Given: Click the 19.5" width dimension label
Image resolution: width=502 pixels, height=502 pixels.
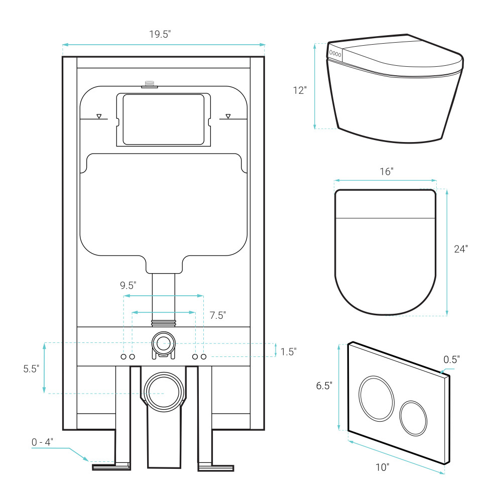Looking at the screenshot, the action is (160, 34).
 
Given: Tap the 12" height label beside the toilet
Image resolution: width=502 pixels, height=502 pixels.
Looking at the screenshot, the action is (300, 90).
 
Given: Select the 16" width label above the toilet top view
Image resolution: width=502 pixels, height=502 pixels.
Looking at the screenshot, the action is (387, 172).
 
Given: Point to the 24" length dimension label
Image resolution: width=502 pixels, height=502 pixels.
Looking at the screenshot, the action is (461, 249).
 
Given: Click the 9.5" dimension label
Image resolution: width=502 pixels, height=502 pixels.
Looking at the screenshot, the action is (128, 285).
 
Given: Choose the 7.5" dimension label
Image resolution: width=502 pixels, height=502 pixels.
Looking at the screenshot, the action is (218, 315).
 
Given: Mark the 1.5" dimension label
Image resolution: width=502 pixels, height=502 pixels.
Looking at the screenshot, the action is (289, 351).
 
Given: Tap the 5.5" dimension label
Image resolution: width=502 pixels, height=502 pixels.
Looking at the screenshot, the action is (31, 369).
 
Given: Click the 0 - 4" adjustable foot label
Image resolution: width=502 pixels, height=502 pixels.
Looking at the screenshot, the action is (42, 442).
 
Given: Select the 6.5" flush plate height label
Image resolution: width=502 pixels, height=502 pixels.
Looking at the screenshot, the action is (324, 386).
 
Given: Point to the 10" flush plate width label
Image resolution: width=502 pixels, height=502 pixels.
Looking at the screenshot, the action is (382, 467).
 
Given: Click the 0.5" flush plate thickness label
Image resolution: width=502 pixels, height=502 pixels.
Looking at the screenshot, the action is (451, 360).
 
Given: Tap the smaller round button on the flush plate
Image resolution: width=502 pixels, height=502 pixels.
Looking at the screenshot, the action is (413, 418).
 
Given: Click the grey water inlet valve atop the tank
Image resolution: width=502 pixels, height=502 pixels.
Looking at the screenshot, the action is (150, 84).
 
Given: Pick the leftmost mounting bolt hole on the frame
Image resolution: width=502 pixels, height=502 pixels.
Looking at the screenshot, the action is (123, 356).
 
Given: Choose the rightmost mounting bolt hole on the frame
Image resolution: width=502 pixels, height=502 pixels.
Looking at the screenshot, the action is (204, 356).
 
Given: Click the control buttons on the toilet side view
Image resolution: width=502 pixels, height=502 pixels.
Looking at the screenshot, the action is (335, 54).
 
